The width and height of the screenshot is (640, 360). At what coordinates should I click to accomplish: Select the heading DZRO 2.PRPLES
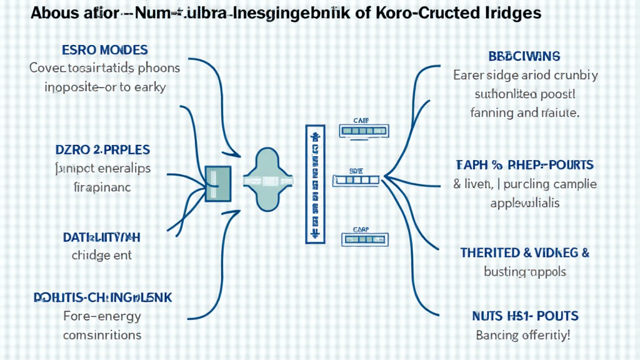[x=102, y=149]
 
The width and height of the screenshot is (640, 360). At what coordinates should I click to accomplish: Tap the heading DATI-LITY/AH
[x=101, y=237]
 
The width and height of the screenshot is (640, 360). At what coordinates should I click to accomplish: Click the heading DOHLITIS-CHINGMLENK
[x=103, y=298]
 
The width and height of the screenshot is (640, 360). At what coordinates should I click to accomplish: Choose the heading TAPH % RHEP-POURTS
[x=524, y=165]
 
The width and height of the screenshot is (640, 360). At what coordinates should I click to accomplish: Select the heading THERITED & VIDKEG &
[x=525, y=253]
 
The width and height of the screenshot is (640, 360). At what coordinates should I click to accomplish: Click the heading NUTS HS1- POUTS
[x=524, y=316]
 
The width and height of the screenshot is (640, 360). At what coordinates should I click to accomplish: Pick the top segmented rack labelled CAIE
[x=359, y=131]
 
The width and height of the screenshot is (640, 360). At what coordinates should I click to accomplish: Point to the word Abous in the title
[x=53, y=13]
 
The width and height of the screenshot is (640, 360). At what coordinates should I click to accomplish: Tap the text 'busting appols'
[x=525, y=272]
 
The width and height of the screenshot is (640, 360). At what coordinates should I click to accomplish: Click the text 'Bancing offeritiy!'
[x=524, y=335]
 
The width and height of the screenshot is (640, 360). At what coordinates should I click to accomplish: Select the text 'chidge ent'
[x=101, y=255]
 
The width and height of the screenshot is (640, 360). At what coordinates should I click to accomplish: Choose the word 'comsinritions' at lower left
[x=102, y=334]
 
